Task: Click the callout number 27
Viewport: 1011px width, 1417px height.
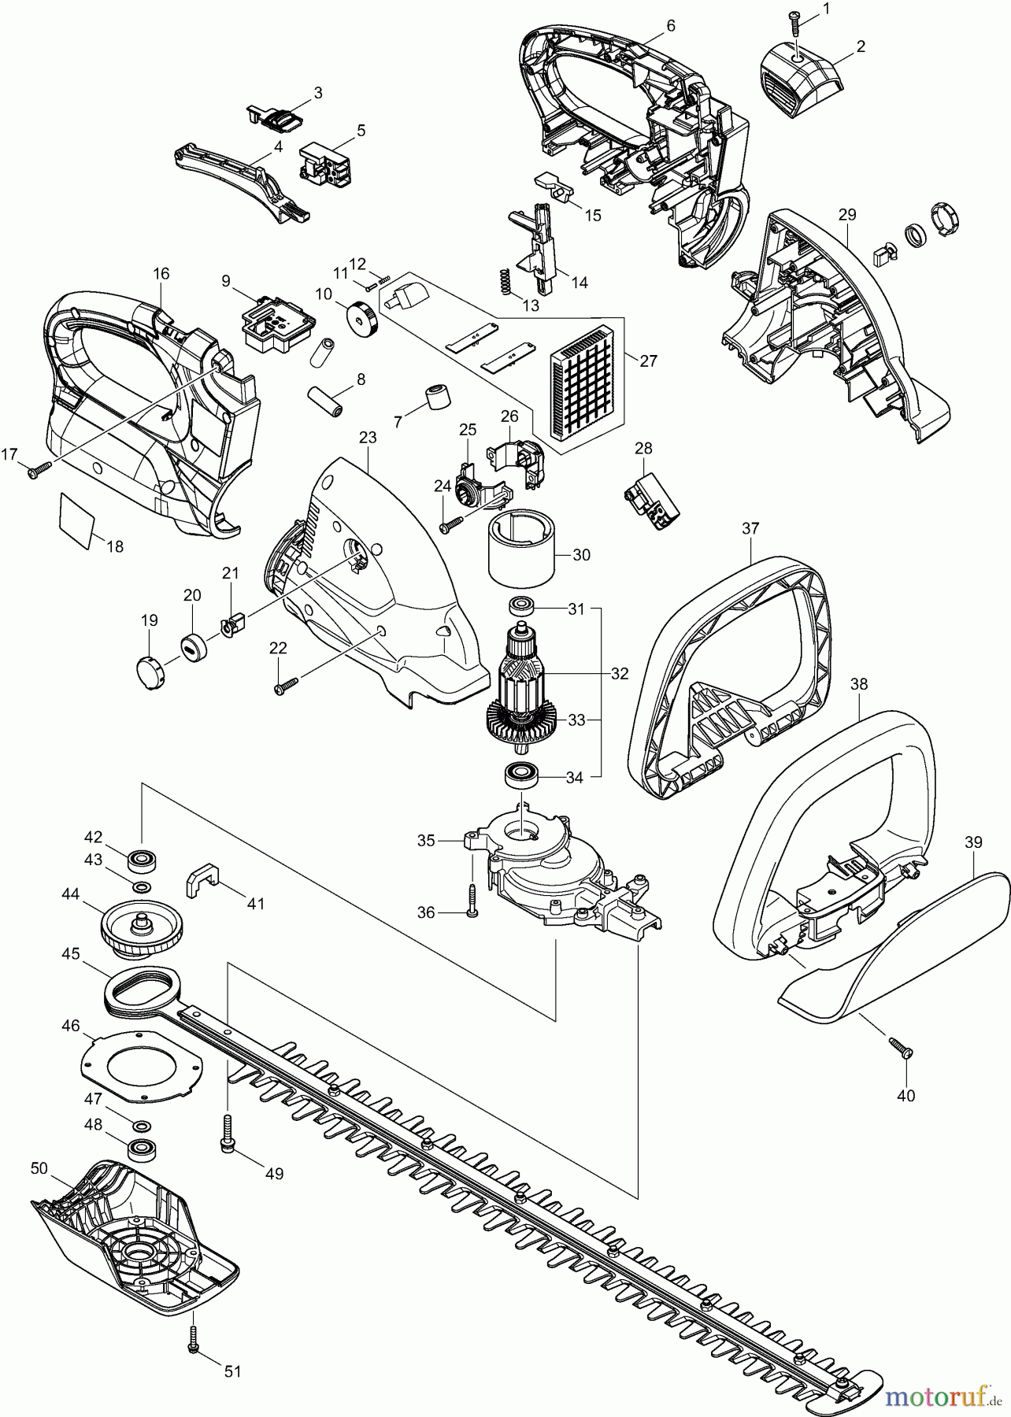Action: point(648,361)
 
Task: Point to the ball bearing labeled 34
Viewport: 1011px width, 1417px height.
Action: point(520,775)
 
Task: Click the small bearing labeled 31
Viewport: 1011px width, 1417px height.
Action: point(521,606)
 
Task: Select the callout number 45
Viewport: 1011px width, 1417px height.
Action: point(71,953)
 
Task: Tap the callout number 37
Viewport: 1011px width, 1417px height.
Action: point(750,529)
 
